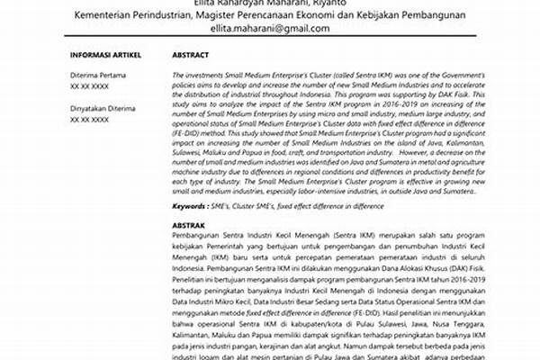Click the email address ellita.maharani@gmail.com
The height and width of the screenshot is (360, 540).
point(269,29)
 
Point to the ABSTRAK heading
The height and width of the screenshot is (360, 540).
point(190,226)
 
